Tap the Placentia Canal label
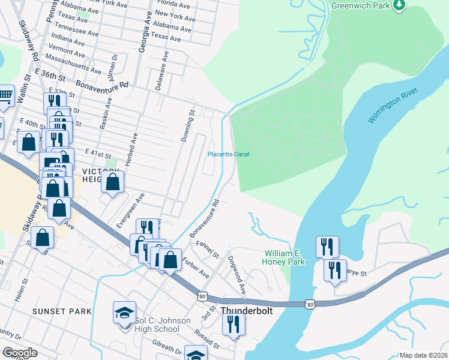coord(228,154)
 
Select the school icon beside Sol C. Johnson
coord(125,313)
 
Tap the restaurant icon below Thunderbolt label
coord(234,324)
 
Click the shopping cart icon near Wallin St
coord(5,96)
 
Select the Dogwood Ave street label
coord(237,275)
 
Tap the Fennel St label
coord(208,248)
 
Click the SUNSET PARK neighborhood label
coord(62,311)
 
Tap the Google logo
coord(20,353)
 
